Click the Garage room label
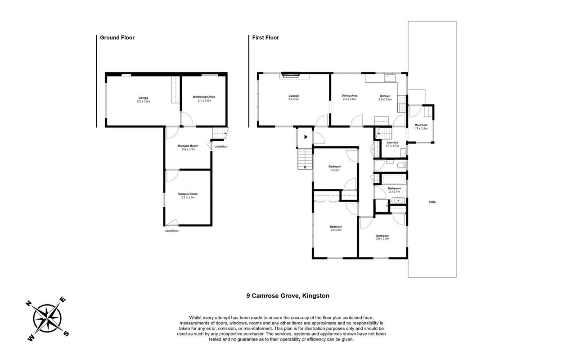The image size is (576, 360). click(143, 98)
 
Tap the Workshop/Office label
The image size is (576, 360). click(204, 97)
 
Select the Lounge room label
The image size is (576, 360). click(294, 96)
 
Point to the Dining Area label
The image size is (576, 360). click(350, 96)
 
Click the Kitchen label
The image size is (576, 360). click(385, 96)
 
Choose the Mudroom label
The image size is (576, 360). click(421, 125)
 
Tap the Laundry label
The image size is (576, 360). click(392, 143)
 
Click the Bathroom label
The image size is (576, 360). click(394, 189)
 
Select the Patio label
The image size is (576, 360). click(432, 202)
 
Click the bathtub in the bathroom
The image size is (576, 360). click(394, 179)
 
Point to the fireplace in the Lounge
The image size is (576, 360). click(291, 75)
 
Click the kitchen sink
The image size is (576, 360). click(390, 78)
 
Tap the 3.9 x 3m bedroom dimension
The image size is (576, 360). click(336, 230)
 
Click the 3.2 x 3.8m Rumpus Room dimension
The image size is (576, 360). click(188, 198)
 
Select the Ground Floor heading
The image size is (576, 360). click(117, 37)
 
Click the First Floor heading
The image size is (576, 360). click(265, 37)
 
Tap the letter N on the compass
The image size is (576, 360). click(29, 303)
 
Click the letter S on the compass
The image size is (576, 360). click(66, 333)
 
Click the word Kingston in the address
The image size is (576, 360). click(315, 296)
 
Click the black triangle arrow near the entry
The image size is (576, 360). click(306, 137)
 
